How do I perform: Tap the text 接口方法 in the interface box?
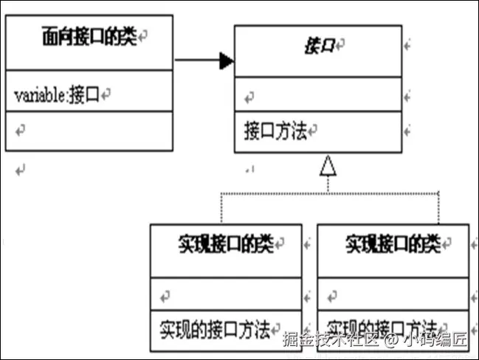pos(275,132)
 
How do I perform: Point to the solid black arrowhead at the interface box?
pos(226,60)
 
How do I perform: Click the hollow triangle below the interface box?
pos(328,167)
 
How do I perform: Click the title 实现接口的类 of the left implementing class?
pos(226,243)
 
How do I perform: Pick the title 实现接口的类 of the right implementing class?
pos(393,243)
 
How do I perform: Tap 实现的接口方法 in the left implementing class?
pos(214,328)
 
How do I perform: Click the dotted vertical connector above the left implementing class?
pos(220,209)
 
